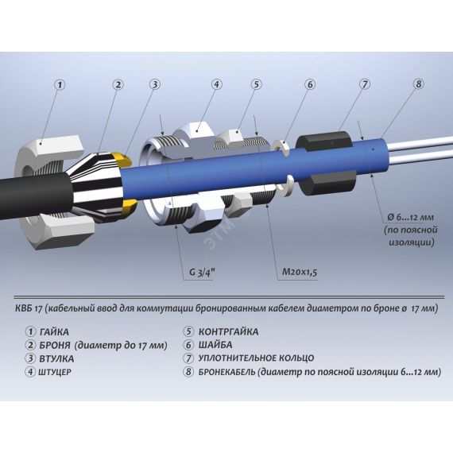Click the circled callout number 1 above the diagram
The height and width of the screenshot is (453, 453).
pyautogui.click(x=60, y=85)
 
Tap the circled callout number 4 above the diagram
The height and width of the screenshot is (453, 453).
pyautogui.click(x=216, y=84)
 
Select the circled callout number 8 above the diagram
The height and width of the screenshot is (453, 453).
pyautogui.click(x=419, y=83)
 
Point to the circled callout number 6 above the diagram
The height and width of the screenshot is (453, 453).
pyautogui.click(x=310, y=84)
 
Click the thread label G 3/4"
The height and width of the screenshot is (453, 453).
pyautogui.click(x=202, y=273)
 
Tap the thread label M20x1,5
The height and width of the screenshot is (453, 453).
pyautogui.click(x=300, y=272)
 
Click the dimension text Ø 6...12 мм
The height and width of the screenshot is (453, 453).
pyautogui.click(x=411, y=217)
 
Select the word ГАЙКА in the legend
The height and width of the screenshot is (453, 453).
pyautogui.click(x=55, y=332)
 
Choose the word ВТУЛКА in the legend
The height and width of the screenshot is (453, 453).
pyautogui.click(x=56, y=358)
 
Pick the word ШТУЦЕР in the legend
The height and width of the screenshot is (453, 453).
pyautogui.click(x=55, y=372)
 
